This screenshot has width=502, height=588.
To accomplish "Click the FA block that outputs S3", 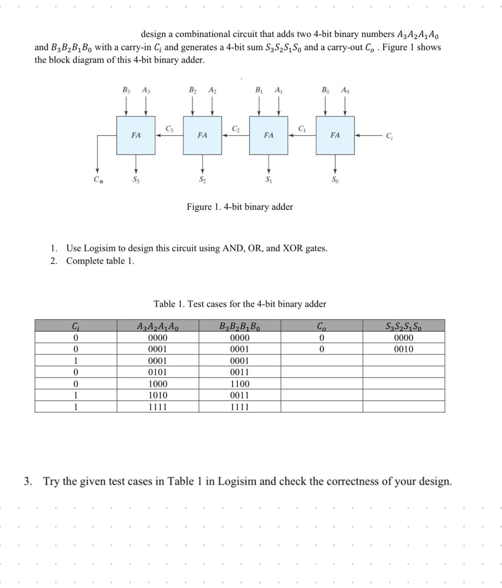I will coord(136,135).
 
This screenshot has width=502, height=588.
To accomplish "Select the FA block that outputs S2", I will coord(202,135).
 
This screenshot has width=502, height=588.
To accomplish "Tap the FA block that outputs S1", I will coord(269,135).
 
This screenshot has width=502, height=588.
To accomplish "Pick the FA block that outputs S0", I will coord(335,135).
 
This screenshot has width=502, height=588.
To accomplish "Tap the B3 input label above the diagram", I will coord(126,90).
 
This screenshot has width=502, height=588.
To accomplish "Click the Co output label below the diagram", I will coord(98,180).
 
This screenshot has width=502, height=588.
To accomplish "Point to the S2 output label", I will coord(202,179).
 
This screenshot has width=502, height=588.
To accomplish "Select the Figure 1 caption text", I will coord(240,207).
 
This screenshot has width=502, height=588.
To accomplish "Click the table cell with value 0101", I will coord(158,372).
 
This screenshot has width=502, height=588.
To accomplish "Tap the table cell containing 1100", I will coord(240,384).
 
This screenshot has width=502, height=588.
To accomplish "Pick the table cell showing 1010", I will coord(158,395).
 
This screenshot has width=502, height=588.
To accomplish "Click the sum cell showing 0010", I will coord(404,349).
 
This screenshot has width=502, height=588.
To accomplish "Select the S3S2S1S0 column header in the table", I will coord(404,326).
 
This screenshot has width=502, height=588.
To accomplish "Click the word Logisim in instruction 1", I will coord(100,248).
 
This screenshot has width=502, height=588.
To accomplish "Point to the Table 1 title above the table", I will coord(240,304).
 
